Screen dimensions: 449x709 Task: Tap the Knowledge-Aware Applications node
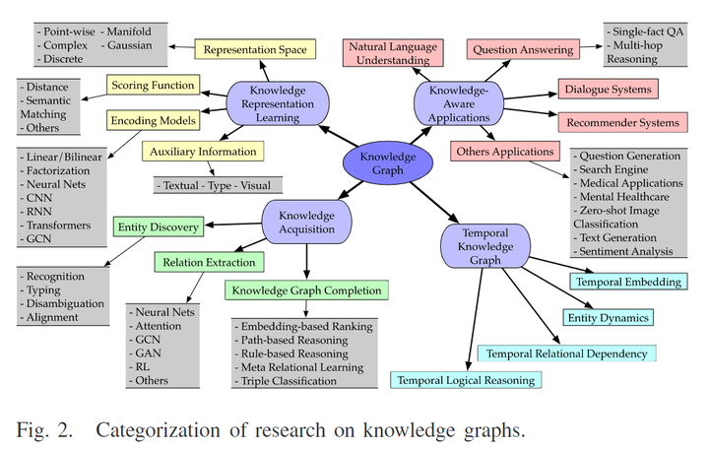(x=460, y=101)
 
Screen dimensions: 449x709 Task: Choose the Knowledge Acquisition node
(x=306, y=223)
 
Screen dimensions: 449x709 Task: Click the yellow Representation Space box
(x=255, y=48)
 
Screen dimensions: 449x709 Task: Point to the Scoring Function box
(x=152, y=85)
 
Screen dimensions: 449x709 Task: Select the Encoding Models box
(x=152, y=119)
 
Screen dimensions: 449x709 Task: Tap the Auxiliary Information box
(x=203, y=152)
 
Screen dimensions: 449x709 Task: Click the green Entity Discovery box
(x=160, y=227)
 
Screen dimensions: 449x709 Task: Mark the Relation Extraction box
(x=210, y=262)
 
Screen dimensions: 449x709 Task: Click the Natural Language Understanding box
(x=392, y=52)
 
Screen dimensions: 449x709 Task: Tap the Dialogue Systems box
(x=608, y=90)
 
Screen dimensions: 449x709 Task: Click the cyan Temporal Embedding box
(x=627, y=282)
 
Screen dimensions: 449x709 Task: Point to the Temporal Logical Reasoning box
(x=466, y=379)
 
